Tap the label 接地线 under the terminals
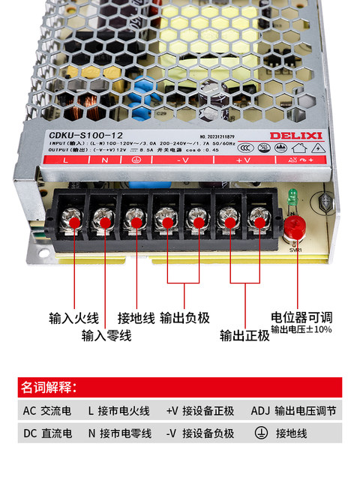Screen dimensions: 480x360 pos(136,317)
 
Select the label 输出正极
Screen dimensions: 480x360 pos(244,335)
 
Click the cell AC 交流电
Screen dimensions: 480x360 pos(47,411)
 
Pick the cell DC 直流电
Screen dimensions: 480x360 pos(47,433)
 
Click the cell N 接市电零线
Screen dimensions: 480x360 pos(119,433)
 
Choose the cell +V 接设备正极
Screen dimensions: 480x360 pos(200,411)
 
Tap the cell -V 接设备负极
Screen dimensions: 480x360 pos(200,433)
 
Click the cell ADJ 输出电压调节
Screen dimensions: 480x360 pos(293,411)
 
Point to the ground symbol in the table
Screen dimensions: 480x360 pos(262,433)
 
